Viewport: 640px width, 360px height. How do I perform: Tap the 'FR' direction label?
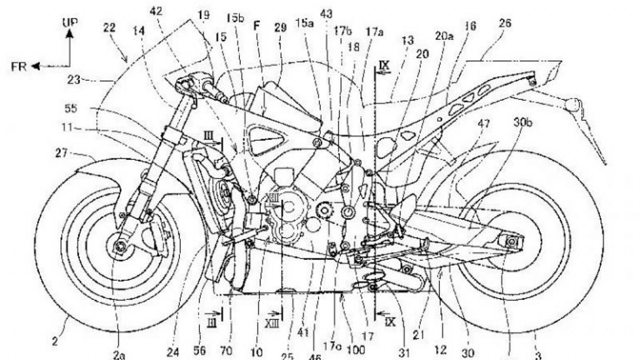(19, 66)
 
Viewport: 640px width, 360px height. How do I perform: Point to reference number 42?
(156, 12)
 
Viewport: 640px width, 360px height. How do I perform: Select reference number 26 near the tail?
(505, 23)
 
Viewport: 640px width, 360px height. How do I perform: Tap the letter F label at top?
(256, 26)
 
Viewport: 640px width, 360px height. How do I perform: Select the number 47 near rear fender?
(484, 124)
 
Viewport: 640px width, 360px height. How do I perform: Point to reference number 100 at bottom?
(356, 350)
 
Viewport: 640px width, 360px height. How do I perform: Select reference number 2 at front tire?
(54, 342)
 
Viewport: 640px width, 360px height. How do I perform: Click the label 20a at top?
(444, 37)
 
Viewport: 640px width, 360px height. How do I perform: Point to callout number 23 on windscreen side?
(74, 80)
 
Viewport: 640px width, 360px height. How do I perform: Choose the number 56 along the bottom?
(199, 350)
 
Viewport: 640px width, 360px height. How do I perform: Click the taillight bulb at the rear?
(573, 105)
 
